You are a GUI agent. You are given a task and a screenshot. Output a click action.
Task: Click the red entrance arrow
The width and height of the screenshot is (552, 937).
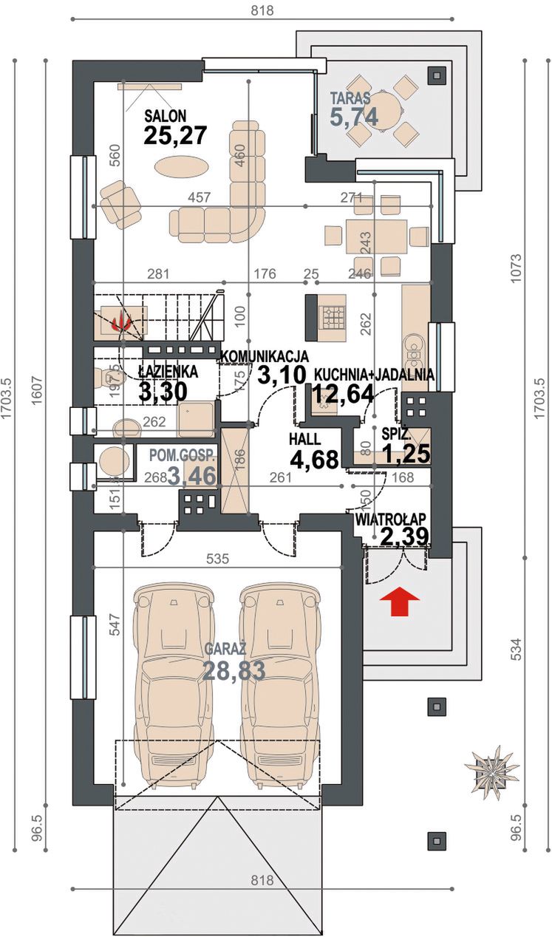click(399, 601)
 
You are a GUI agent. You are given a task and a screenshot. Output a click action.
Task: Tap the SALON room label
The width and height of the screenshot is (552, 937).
click(166, 115)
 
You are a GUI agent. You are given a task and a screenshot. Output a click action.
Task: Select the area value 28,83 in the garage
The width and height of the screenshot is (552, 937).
click(234, 670)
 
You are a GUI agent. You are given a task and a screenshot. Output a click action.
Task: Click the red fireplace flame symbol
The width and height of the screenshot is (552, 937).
click(121, 321)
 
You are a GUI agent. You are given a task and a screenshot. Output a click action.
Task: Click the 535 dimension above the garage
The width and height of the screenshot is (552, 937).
click(218, 559)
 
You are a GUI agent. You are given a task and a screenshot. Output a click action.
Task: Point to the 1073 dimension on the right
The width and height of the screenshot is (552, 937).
click(517, 268)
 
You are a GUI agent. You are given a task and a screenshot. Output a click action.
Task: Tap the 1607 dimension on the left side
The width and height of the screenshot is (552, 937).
click(37, 390)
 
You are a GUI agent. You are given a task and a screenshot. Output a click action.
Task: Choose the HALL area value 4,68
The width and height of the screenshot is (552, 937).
click(315, 459)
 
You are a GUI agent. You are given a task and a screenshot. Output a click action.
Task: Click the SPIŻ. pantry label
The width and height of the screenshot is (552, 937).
click(396, 434)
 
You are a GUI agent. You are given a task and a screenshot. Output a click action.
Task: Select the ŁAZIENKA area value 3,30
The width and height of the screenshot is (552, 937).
click(163, 392)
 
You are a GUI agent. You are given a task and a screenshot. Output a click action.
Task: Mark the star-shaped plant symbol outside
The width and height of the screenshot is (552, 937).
click(492, 765)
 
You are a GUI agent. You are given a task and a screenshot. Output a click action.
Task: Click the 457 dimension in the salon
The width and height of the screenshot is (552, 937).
click(199, 197)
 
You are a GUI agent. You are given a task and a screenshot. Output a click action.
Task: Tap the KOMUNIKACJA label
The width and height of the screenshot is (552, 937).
click(265, 356)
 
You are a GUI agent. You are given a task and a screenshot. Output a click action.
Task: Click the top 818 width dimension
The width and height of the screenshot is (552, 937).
click(262, 10)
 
